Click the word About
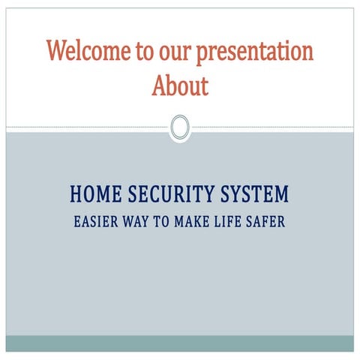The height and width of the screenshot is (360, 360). pyautogui.click(x=179, y=86)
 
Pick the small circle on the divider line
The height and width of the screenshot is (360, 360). pyautogui.click(x=179, y=127)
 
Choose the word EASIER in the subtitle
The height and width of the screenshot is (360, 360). pyautogui.click(x=94, y=223)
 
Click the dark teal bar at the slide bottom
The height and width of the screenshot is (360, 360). pyautogui.click(x=179, y=343)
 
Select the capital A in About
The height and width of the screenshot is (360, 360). pyautogui.click(x=158, y=86)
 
